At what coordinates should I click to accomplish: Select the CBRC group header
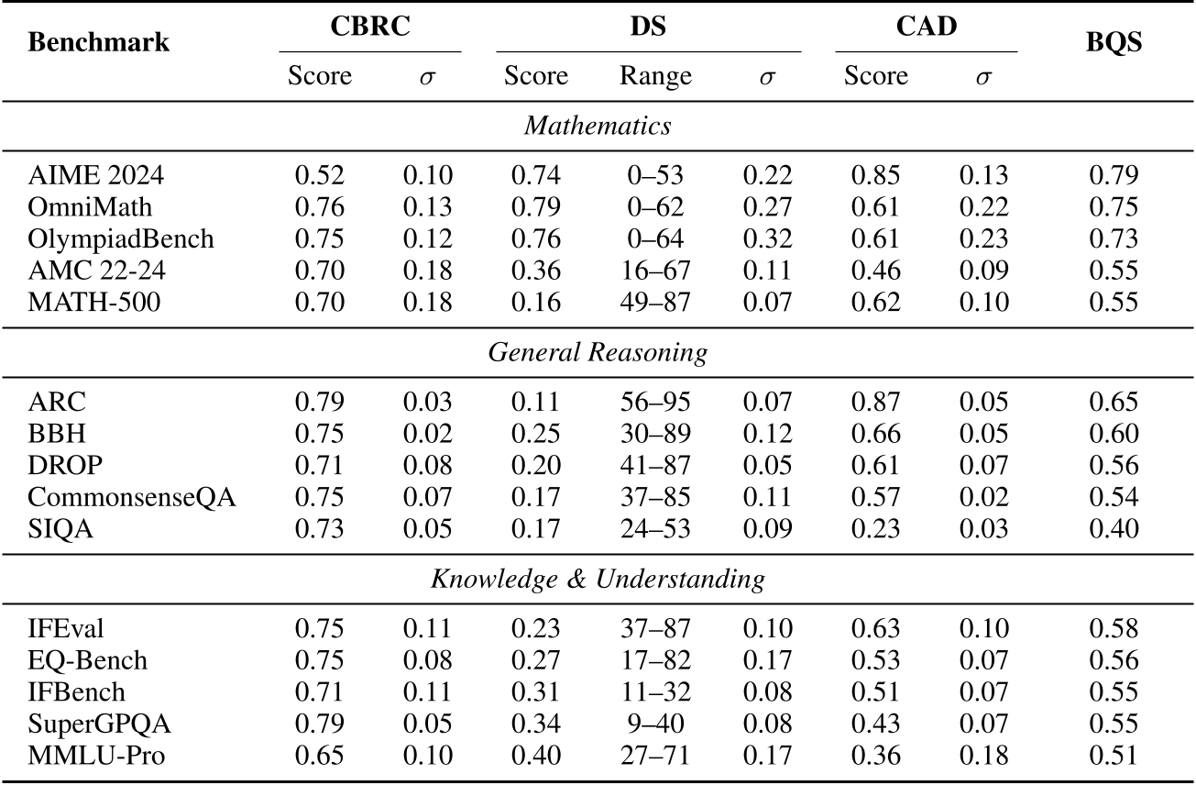pyautogui.click(x=369, y=26)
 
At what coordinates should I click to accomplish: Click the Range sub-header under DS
pyautogui.click(x=655, y=76)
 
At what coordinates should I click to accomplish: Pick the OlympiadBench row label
pyautogui.click(x=120, y=239)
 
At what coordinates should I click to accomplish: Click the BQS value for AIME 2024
pyautogui.click(x=1113, y=175)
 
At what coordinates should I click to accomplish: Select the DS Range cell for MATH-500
pyautogui.click(x=655, y=304)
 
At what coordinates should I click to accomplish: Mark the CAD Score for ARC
pyautogui.click(x=876, y=402)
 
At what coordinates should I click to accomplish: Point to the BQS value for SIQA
pyautogui.click(x=1113, y=530)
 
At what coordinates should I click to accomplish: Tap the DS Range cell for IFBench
pyautogui.click(x=655, y=692)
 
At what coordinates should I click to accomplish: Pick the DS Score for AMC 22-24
pyautogui.click(x=535, y=271)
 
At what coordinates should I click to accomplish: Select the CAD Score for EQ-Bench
pyautogui.click(x=876, y=660)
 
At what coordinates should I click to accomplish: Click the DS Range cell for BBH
pyautogui.click(x=655, y=434)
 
